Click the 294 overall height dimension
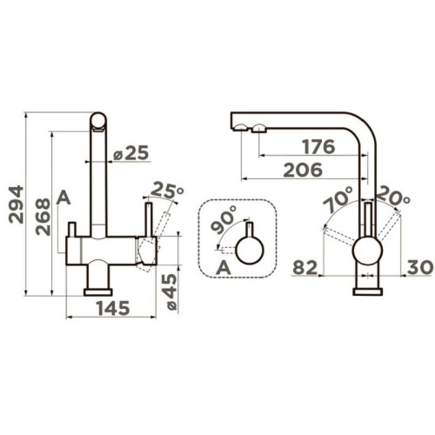point(16,204)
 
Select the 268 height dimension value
point(43,217)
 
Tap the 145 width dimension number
point(113,308)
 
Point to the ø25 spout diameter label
point(130,152)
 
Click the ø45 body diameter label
point(170,291)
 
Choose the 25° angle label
point(167,190)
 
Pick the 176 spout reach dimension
point(318,146)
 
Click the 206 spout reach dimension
point(303,170)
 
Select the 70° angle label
point(338,199)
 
